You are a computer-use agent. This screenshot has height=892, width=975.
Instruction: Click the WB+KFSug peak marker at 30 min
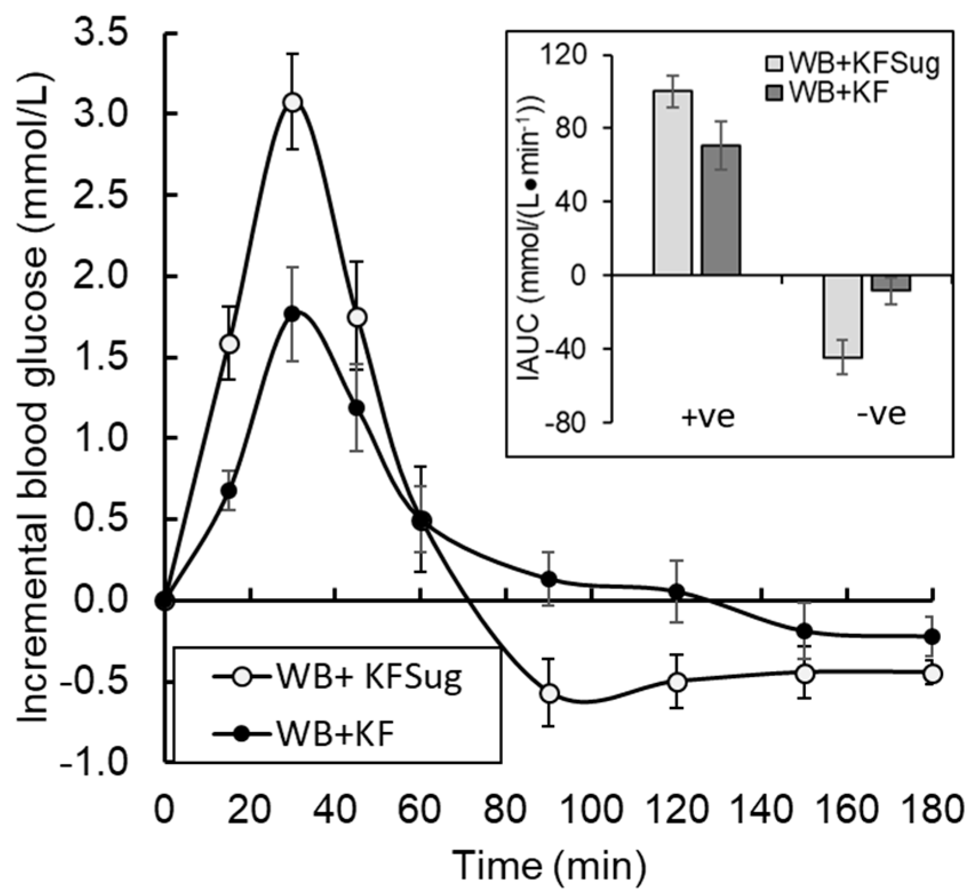tap(293, 102)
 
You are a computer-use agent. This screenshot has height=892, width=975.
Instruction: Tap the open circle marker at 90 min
tap(549, 693)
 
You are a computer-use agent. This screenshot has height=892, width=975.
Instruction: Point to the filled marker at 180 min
tap(932, 636)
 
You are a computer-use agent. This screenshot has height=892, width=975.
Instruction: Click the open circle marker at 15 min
tap(229, 344)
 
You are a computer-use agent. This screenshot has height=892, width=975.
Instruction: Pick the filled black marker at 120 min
tap(677, 591)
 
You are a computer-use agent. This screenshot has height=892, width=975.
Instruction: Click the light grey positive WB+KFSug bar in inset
tap(673, 183)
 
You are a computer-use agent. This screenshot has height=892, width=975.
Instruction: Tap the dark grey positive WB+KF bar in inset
tap(721, 210)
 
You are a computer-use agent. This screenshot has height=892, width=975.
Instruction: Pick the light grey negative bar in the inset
tap(842, 317)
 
